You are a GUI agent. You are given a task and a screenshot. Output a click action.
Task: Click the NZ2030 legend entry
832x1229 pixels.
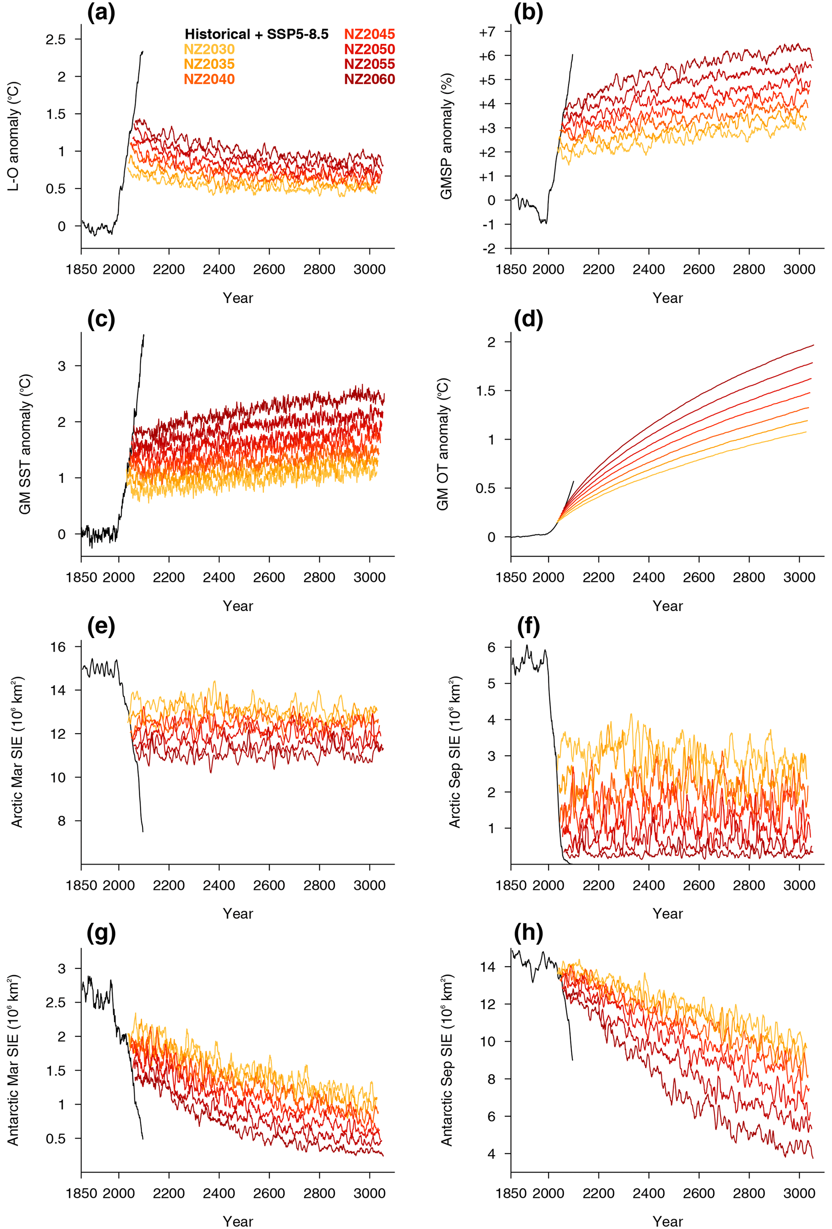click(209, 49)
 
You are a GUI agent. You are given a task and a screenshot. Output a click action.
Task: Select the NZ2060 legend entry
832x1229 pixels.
click(370, 79)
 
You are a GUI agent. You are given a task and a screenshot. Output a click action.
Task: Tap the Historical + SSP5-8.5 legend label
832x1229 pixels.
click(256, 34)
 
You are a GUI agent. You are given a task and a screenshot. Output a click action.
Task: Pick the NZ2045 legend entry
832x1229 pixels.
click(370, 34)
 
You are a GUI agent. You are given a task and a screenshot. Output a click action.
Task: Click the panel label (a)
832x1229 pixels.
click(101, 13)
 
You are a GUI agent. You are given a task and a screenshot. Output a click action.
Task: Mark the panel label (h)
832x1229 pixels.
click(528, 933)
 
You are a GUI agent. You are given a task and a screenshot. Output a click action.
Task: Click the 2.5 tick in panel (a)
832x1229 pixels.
click(56, 39)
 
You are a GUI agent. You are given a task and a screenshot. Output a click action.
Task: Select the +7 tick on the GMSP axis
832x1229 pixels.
click(487, 32)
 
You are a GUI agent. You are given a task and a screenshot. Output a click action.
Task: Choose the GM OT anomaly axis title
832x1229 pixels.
click(443, 444)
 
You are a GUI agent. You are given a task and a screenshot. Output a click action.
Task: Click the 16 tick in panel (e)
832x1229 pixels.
click(58, 647)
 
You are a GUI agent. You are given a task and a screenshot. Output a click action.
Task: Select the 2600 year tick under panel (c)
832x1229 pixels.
click(269, 578)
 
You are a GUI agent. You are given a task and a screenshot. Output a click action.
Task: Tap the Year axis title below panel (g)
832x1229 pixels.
click(238, 1221)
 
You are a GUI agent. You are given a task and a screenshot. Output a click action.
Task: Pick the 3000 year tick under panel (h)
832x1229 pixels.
click(799, 1194)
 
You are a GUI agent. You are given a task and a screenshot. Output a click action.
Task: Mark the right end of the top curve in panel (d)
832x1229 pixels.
click(813, 345)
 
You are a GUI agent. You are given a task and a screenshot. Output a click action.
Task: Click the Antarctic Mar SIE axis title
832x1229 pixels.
click(14, 1060)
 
